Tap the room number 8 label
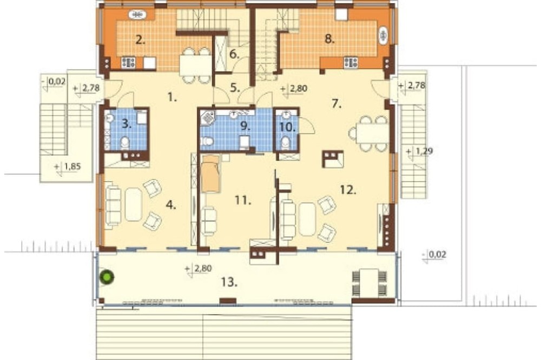(x=330, y=39)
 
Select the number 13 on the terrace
(x=229, y=282)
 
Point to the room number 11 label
(x=243, y=200)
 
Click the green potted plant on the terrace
(x=107, y=277)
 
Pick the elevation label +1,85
(x=68, y=167)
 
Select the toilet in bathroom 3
(x=125, y=142)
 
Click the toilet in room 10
(x=285, y=143)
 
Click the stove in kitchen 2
(x=128, y=62)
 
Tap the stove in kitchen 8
(x=351, y=62)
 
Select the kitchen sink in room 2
(x=138, y=15)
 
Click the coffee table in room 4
(x=134, y=204)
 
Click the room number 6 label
(x=234, y=54)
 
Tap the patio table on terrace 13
(x=369, y=282)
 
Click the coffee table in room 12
(x=307, y=219)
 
